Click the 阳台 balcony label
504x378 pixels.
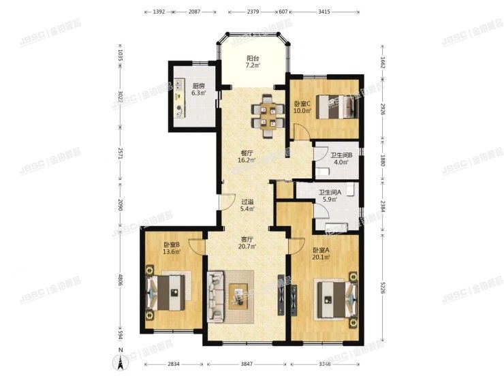click(252, 59)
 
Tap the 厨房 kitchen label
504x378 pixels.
click(198, 86)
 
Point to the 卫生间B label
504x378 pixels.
click(339, 155)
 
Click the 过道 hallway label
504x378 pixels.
click(247, 202)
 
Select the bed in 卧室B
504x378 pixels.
click(167, 294)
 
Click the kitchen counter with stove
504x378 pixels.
click(179, 98)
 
